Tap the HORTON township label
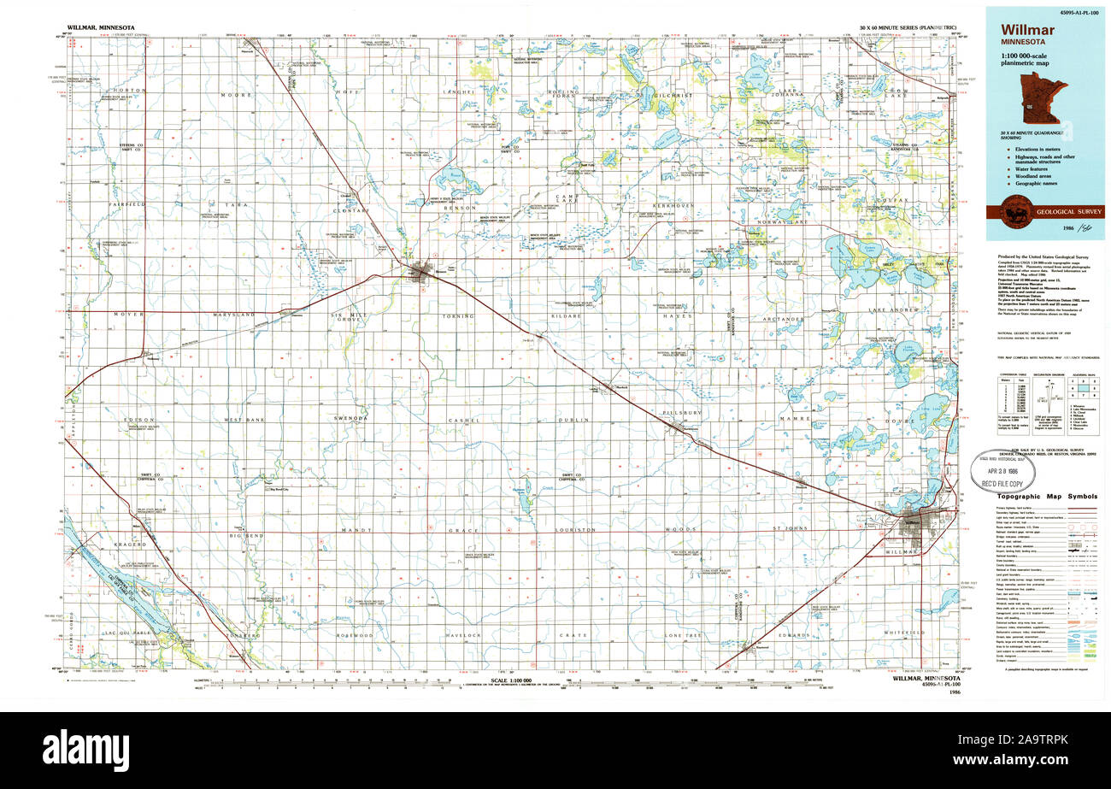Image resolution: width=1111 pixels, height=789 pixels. click(130, 91)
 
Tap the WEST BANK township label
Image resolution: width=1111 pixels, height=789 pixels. click(244, 420)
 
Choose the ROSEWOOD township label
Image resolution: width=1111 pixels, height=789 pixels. click(355, 636)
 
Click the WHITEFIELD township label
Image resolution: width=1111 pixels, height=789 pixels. click(905, 633)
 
